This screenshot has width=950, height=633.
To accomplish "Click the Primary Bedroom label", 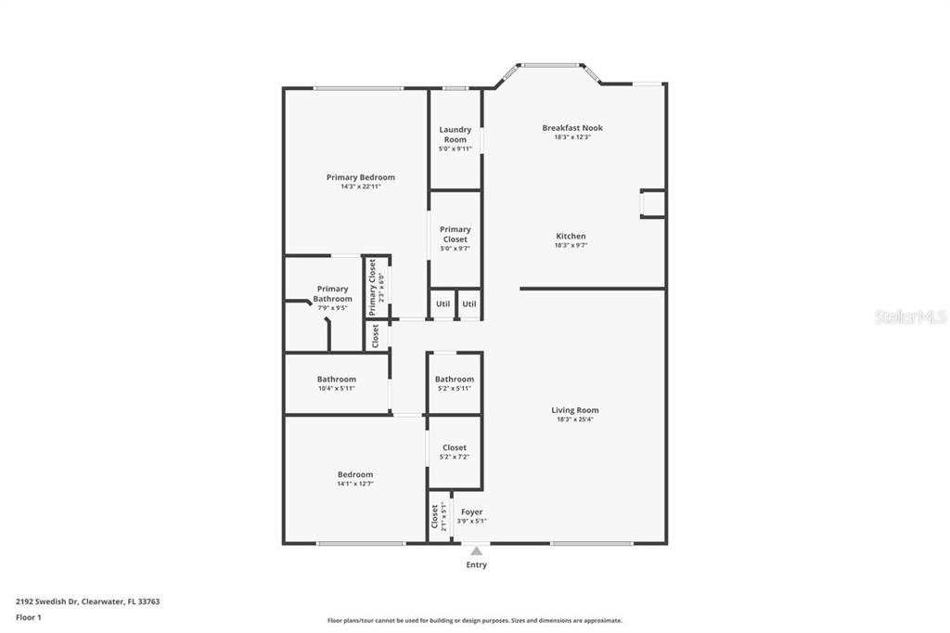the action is point(361,177).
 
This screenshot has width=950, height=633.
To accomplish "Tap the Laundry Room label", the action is point(455,135).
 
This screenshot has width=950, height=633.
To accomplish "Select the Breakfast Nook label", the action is point(572,128).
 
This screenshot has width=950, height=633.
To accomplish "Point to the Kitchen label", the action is point(571,237).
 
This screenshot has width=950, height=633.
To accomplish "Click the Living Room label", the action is point(575,410).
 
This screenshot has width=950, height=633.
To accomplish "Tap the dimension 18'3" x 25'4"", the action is point(575,419).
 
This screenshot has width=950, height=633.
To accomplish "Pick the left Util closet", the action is point(443,304).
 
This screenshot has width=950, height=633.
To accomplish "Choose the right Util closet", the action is point(469,304).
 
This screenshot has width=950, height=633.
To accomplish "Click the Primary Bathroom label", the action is point(333,294).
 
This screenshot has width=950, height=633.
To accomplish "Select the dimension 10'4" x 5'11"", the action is point(336,389).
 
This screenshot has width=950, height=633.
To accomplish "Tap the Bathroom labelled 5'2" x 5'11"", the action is point(455,380).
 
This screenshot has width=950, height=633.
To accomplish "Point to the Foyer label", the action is point(471,512).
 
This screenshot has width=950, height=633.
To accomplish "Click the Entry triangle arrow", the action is point(476,551).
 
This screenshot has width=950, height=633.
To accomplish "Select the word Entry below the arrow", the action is point(476,564).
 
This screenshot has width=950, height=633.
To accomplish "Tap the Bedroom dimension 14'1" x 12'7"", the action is point(355,484).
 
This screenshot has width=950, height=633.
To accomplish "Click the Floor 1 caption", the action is point(29,617).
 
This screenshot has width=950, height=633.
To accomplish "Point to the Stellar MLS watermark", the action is point(911,316).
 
